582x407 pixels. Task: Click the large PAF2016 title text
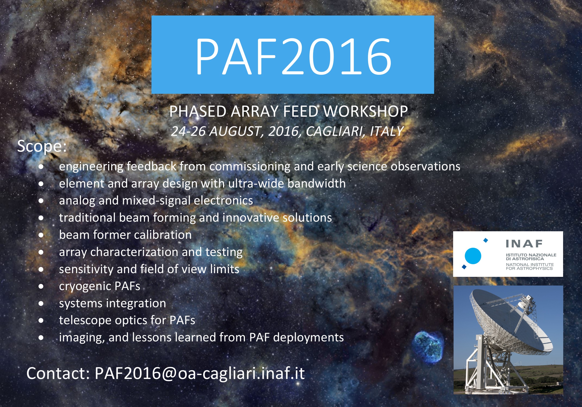click(x=293, y=56)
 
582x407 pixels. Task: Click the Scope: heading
click(x=42, y=146)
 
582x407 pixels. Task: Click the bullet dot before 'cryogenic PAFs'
click(x=41, y=286)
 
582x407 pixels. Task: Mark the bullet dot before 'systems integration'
click(x=41, y=303)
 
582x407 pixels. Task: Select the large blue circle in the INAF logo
click(x=473, y=256)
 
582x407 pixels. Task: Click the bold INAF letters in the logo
click(x=524, y=244)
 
